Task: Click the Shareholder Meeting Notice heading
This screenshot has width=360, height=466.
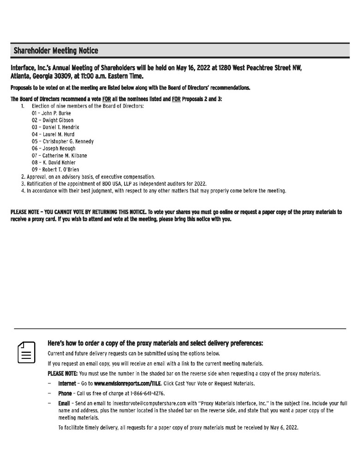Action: pyautogui.click(x=56, y=50)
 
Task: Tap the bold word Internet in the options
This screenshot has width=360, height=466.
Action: pyautogui.click(x=67, y=383)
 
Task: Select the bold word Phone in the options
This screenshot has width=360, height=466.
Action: pyautogui.click(x=65, y=393)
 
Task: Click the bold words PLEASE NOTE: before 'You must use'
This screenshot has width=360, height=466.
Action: pyautogui.click(x=63, y=374)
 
